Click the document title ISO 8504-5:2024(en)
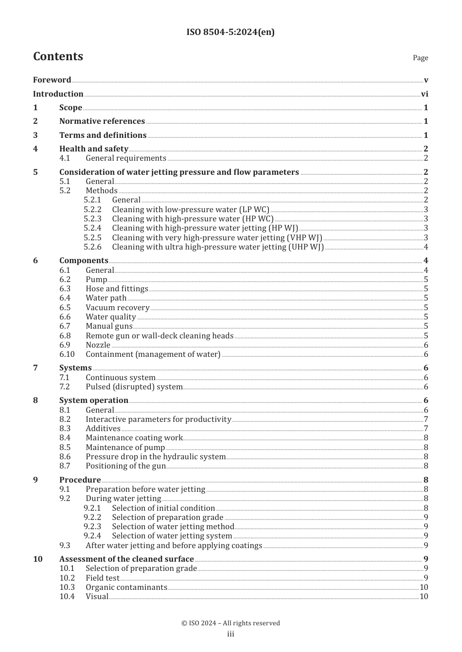tap(231, 32)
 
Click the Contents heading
tap(58, 56)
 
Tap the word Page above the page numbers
tap(420, 58)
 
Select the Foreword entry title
tap(52, 80)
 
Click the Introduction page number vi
tap(425, 94)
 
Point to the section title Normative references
tap(102, 121)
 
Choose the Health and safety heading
tap(94, 149)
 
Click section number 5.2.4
tap(92, 228)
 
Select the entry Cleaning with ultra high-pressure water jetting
tap(217, 247)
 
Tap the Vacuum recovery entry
tap(117, 307)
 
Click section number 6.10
tap(67, 354)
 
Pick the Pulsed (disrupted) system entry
tap(134, 387)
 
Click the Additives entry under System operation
tap(103, 428)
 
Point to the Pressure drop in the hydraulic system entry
tap(156, 456)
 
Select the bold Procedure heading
tap(80, 480)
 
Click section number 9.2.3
tap(92, 526)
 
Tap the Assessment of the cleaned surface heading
tap(126, 559)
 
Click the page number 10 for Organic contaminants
tap(424, 587)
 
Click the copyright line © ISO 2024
tap(231, 623)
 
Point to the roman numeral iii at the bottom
tap(231, 634)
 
